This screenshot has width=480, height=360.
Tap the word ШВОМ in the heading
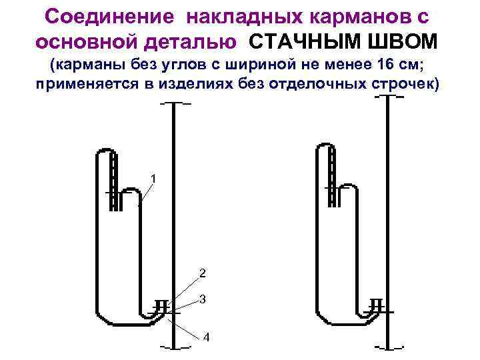[x=407, y=41]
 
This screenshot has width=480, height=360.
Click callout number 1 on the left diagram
[x=154, y=179]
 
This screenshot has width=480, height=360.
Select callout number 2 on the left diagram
[x=203, y=273]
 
